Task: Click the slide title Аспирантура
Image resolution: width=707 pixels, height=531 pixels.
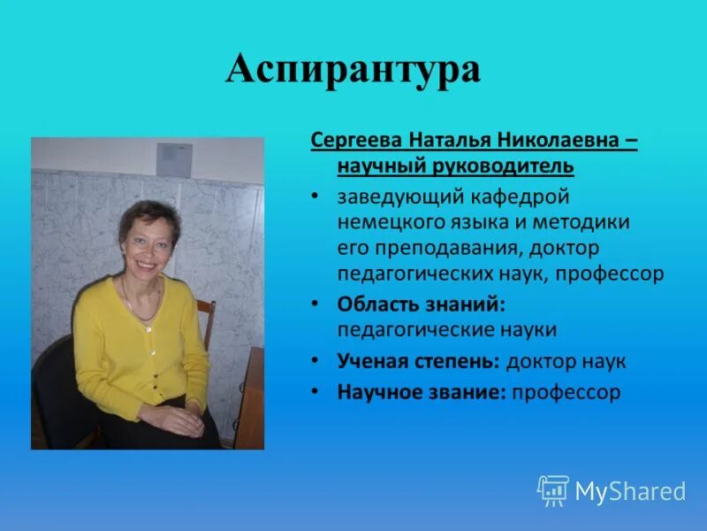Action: tap(353, 69)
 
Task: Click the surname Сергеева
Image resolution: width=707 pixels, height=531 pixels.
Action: tap(356, 142)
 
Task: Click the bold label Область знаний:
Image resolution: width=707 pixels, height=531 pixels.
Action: tap(419, 304)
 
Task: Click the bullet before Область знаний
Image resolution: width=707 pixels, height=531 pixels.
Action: tap(315, 304)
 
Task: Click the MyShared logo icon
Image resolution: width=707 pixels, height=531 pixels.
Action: tap(552, 490)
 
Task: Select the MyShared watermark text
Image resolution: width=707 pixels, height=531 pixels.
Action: tap(630, 491)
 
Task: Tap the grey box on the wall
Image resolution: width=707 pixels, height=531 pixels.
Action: tap(174, 160)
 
